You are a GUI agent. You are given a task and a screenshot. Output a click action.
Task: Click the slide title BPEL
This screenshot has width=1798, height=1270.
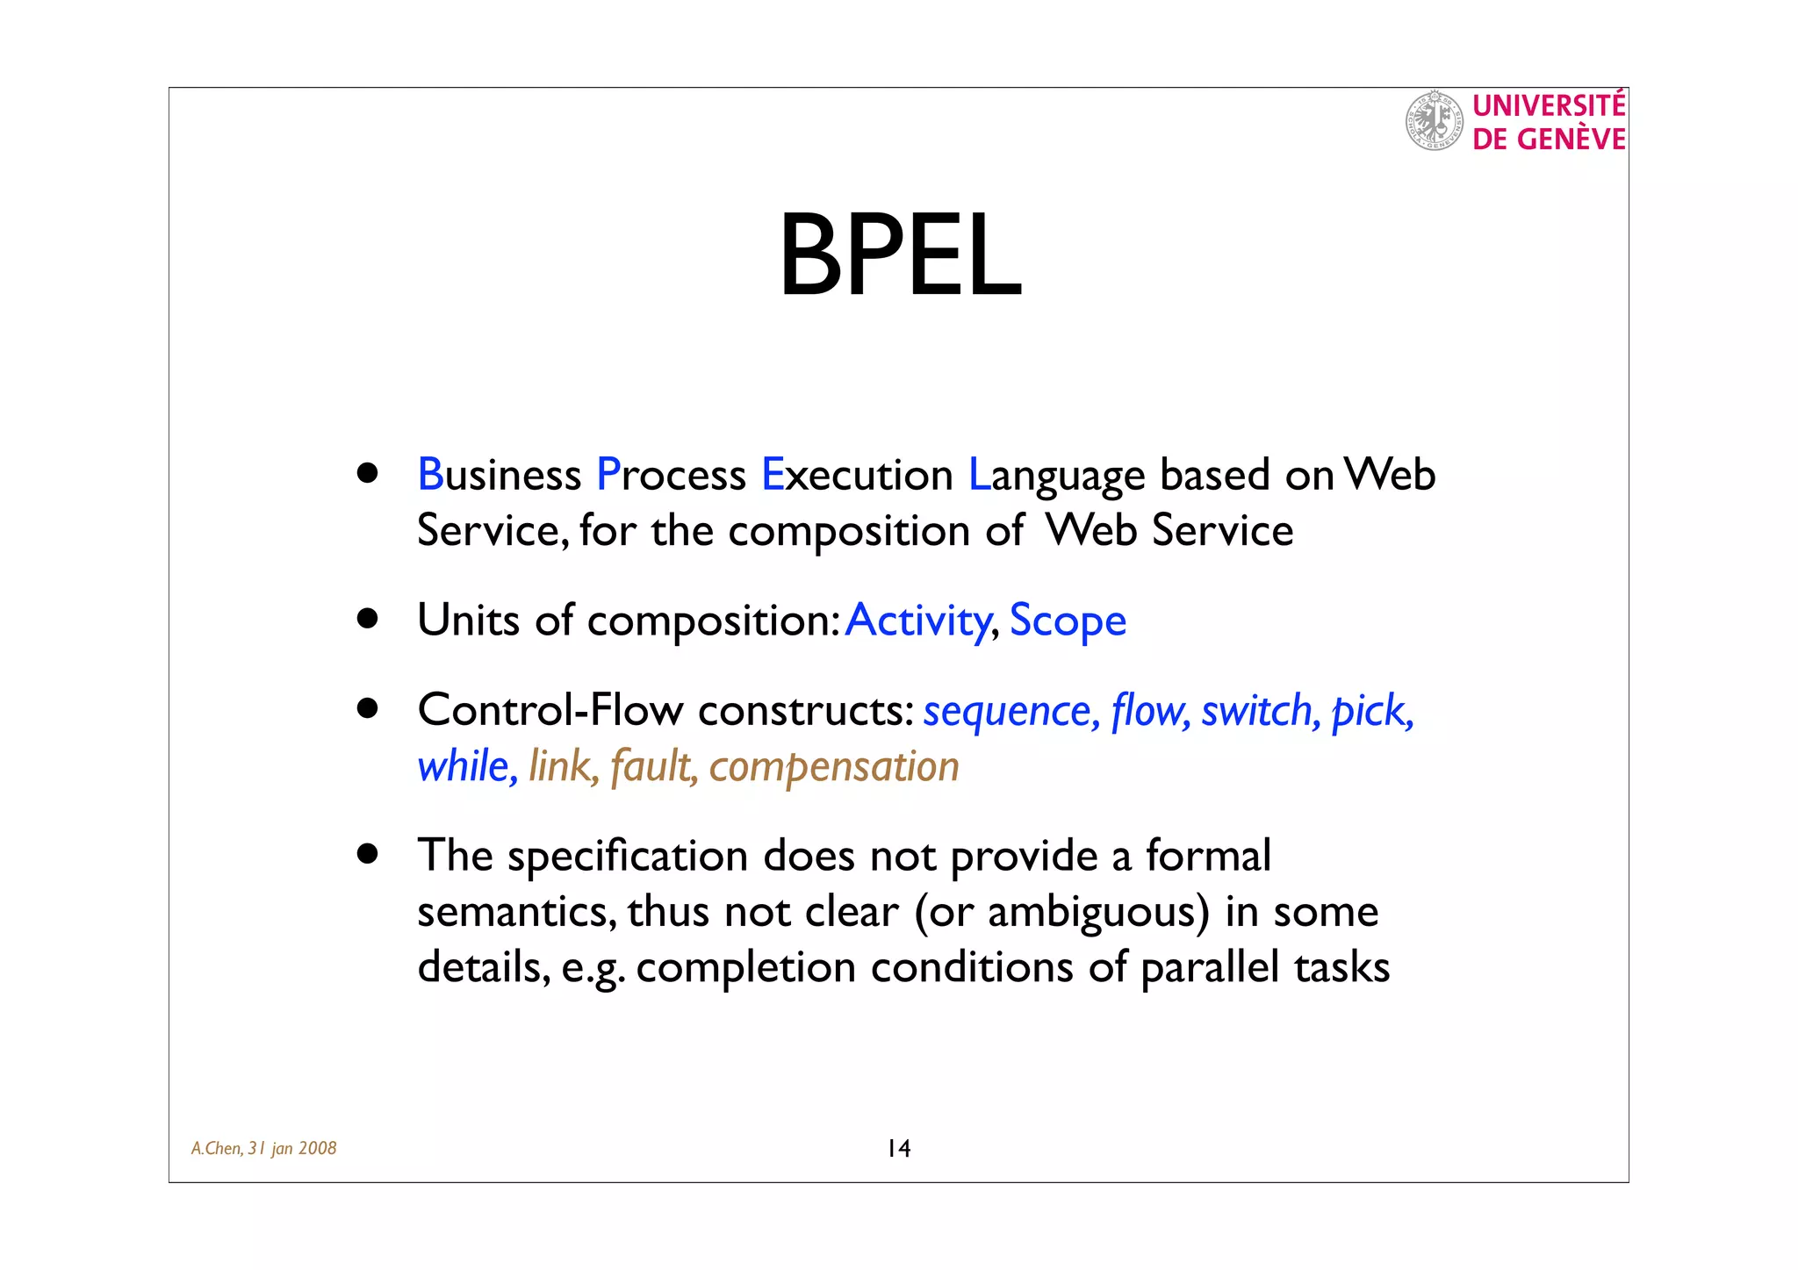click(900, 256)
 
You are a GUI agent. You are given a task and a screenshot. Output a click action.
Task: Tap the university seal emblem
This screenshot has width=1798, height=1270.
click(1434, 121)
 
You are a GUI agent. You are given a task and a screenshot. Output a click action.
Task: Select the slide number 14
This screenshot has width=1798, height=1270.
click(899, 1148)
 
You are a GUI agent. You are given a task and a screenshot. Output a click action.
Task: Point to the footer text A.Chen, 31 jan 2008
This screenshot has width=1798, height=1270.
click(264, 1148)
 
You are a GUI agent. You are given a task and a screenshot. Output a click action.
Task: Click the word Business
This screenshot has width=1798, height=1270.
click(499, 475)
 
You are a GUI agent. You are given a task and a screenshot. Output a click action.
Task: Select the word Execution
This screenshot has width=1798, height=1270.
click(857, 475)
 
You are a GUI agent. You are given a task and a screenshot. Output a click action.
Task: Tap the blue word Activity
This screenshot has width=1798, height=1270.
click(918, 621)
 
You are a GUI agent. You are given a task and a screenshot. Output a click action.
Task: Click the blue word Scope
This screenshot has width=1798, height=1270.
click(1068, 621)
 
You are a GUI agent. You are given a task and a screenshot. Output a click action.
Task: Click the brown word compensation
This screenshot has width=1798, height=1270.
click(834, 767)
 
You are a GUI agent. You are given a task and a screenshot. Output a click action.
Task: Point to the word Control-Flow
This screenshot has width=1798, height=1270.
click(550, 710)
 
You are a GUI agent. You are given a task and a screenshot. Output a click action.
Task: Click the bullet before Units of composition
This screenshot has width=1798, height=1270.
click(368, 619)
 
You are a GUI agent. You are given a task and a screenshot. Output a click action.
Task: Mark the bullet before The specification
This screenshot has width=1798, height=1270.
click(368, 854)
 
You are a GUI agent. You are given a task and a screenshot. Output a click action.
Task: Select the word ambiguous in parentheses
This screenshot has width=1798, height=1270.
click(1091, 912)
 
